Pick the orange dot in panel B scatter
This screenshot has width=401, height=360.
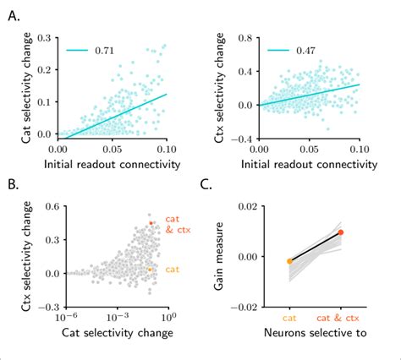point(150,270)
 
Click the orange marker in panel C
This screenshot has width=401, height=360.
point(290,261)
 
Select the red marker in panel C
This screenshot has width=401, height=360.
point(341,232)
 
